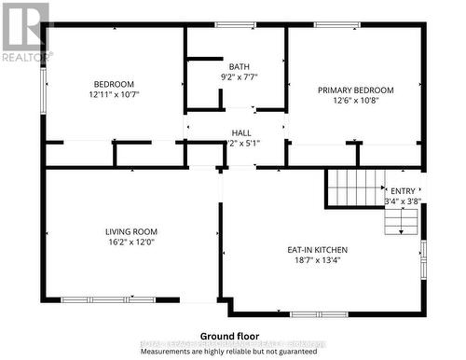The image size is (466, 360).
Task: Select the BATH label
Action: click(240, 66)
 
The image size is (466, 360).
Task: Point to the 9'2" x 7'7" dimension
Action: click(240, 76)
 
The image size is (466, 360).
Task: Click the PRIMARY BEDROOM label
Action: click(355, 90)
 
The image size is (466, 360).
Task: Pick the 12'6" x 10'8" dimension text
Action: click(355, 102)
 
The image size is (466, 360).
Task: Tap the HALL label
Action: click(241, 133)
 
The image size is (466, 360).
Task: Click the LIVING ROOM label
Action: click(130, 231)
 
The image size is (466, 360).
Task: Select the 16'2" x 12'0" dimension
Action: click(130, 242)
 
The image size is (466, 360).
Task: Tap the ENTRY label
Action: click(403, 190)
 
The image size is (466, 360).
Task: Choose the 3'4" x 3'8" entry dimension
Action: click(403, 201)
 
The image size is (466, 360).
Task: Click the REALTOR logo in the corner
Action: click(24, 32)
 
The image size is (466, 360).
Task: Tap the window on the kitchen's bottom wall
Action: click(319, 313)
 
